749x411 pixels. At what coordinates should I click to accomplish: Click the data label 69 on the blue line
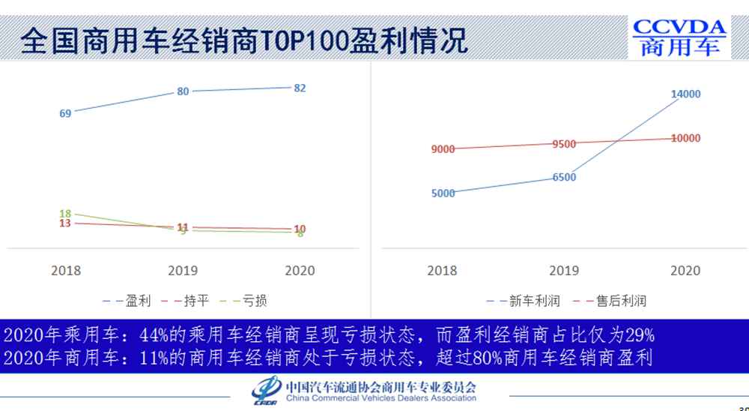coord(65,113)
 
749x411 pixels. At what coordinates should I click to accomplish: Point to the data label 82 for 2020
coord(300,88)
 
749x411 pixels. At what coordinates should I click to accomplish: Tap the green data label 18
coord(65,214)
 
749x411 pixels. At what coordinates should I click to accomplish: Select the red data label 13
coord(65,223)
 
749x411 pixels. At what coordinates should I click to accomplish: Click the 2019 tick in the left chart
coord(183,270)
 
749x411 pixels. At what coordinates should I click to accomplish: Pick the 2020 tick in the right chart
coord(685,270)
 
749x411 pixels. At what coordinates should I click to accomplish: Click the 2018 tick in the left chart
coord(66,270)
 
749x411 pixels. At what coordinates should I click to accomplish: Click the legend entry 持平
coord(197,301)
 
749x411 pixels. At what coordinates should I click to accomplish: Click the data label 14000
coord(685,94)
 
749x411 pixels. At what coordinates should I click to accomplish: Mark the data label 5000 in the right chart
coord(443,193)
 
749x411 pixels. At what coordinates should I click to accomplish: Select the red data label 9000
coord(443,149)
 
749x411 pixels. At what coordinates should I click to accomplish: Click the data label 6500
coord(564,177)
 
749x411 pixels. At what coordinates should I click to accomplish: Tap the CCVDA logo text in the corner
coord(679,28)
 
